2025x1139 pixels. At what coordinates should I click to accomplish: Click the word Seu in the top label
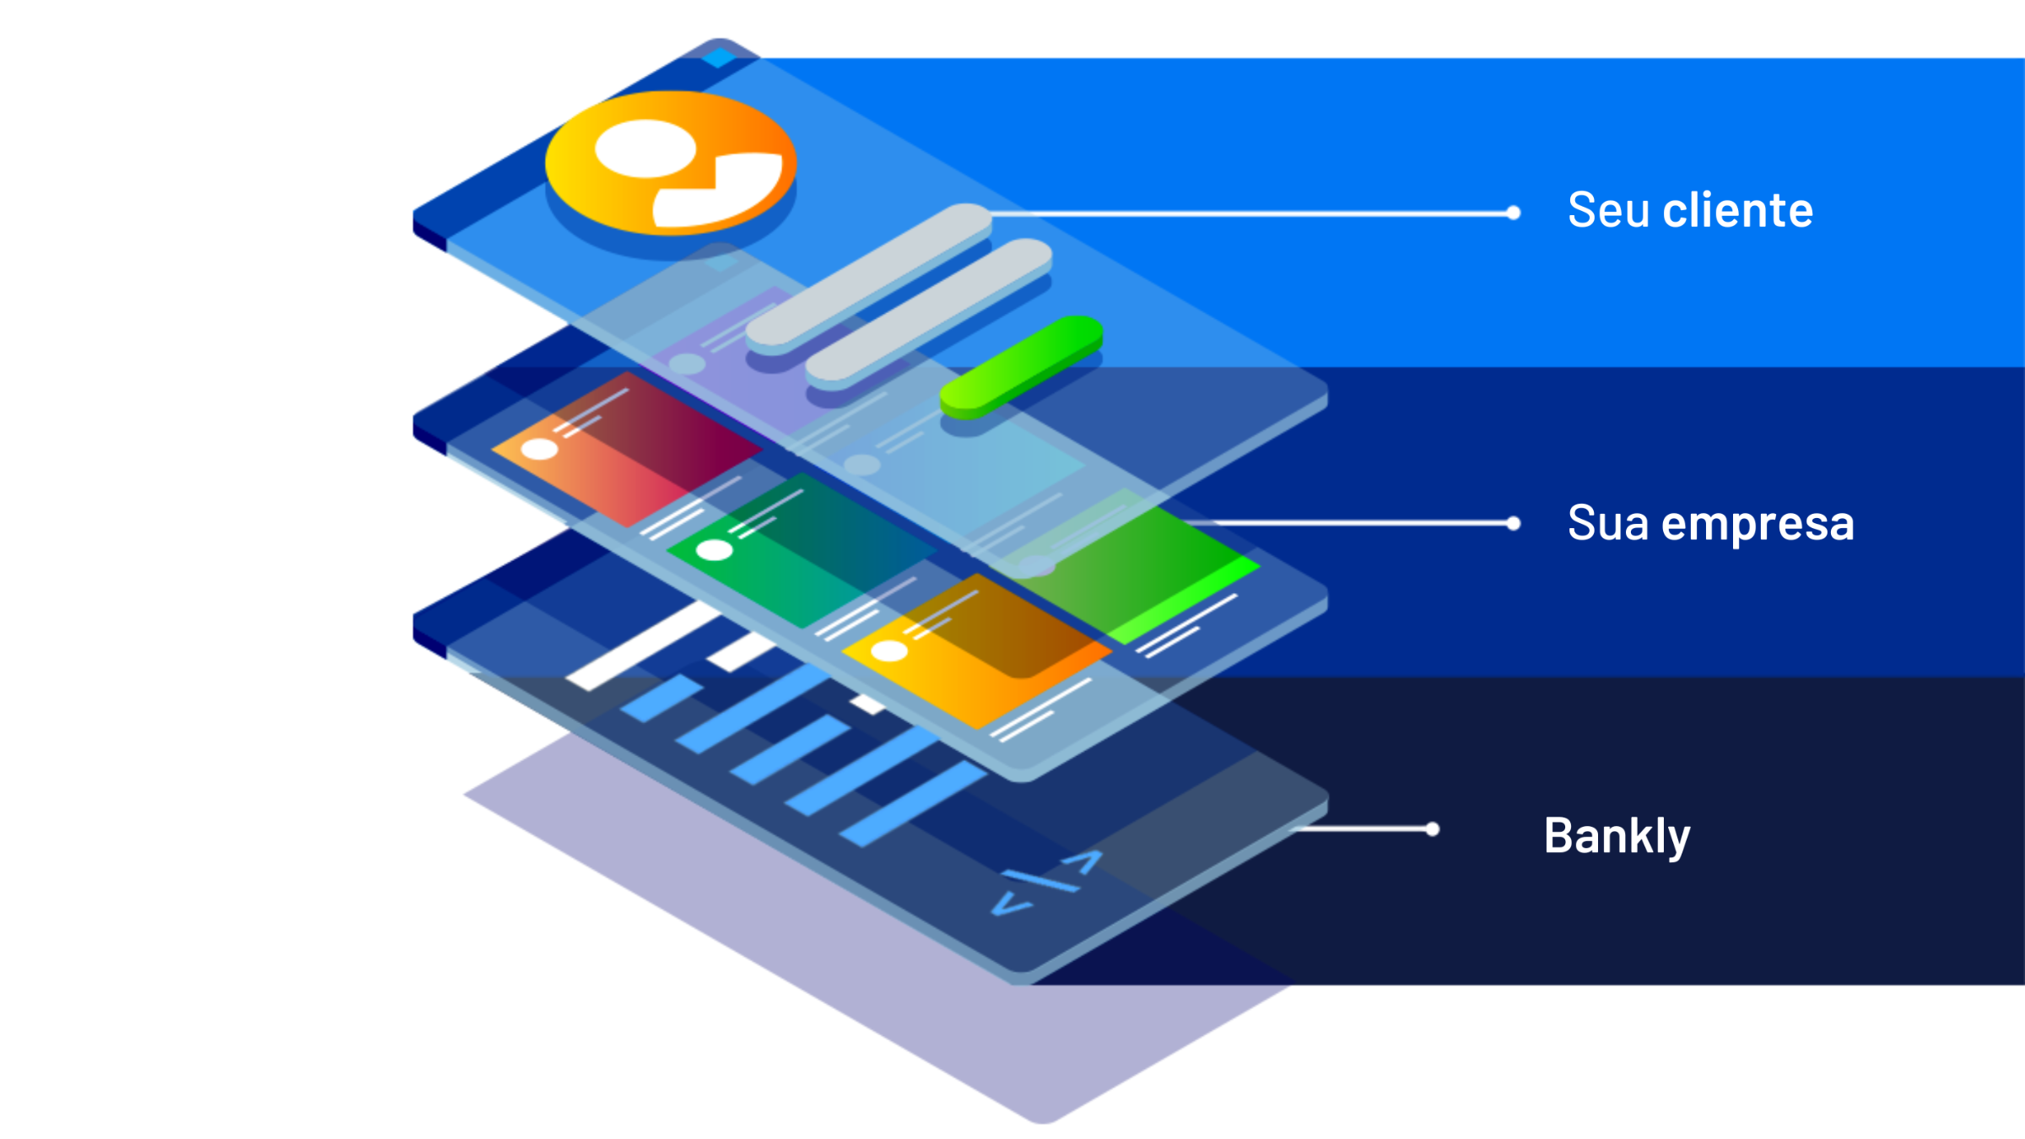[1607, 210]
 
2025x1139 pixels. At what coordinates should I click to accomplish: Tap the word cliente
[1737, 210]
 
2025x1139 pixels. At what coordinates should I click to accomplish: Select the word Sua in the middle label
[1607, 523]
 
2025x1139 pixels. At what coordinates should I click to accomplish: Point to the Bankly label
[1617, 836]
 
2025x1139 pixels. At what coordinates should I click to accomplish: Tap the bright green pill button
[1021, 367]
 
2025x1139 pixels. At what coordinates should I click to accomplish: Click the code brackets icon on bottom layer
[1046, 883]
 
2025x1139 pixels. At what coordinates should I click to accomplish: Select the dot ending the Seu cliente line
[1514, 213]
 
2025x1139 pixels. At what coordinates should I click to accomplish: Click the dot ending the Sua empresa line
[1514, 524]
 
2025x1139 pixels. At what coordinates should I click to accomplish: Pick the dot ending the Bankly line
[1432, 829]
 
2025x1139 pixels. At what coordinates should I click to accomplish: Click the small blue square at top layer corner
[719, 57]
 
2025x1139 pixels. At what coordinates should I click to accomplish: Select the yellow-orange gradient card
[979, 650]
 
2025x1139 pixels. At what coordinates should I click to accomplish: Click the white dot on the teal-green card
[715, 551]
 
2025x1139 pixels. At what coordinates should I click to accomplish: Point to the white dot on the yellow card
[888, 650]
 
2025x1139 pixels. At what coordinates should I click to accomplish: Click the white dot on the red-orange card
[539, 449]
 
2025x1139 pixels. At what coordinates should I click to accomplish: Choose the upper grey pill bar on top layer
[869, 278]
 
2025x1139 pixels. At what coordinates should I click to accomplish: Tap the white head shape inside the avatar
[645, 148]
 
